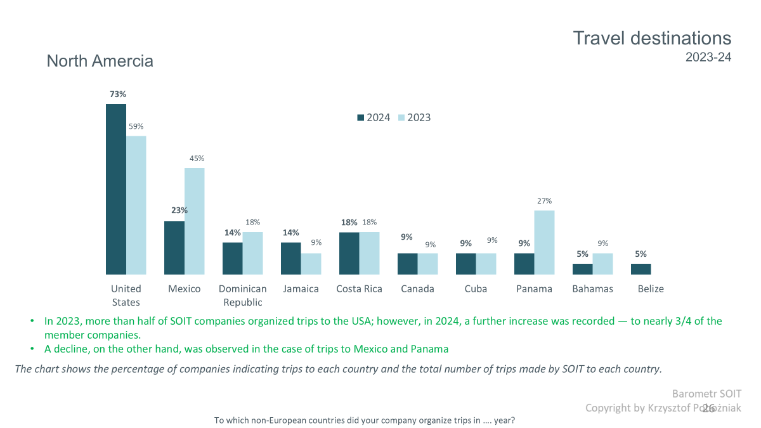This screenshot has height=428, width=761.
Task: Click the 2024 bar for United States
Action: pyautogui.click(x=116, y=189)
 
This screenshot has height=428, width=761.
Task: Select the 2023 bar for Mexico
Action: pyautogui.click(x=194, y=221)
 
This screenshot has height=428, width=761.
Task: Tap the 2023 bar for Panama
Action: pyautogui.click(x=544, y=242)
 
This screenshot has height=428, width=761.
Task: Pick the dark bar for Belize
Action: pyautogui.click(x=641, y=269)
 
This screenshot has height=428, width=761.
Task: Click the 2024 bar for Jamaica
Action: pyautogui.click(x=291, y=258)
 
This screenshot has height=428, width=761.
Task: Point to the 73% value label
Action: pyautogui.click(x=118, y=94)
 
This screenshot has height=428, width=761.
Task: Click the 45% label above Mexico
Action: pyautogui.click(x=197, y=159)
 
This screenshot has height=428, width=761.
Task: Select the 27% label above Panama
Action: pyautogui.click(x=545, y=201)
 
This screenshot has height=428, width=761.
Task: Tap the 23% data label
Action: pyautogui.click(x=179, y=210)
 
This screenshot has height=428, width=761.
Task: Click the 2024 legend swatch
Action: pyautogui.click(x=361, y=117)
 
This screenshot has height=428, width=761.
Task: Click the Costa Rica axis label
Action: pyautogui.click(x=359, y=289)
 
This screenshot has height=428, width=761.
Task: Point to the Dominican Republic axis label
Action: pyautogui.click(x=242, y=295)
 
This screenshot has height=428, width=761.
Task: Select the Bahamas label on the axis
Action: pyautogui.click(x=592, y=289)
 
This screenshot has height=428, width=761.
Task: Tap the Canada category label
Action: pyautogui.click(x=417, y=289)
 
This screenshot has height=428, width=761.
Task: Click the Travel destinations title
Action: pyautogui.click(x=652, y=38)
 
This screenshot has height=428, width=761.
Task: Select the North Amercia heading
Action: pyautogui.click(x=100, y=62)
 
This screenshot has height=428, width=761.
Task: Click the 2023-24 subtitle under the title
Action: pyautogui.click(x=708, y=57)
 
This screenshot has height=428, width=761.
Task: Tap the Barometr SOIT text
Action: pyautogui.click(x=706, y=394)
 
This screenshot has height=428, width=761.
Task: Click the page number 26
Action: pyautogui.click(x=708, y=408)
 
